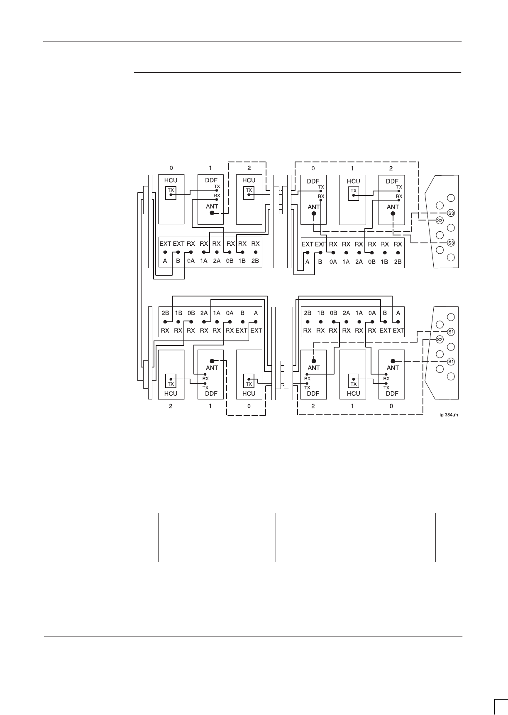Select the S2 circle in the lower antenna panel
click(x=440, y=339)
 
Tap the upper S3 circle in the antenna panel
click(x=452, y=213)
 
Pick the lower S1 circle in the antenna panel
click(x=452, y=362)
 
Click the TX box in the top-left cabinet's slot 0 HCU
click(x=171, y=193)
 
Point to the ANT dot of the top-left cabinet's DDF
click(x=212, y=213)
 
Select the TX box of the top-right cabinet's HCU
click(x=353, y=191)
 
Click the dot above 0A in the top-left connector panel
click(x=191, y=252)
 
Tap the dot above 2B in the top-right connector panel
click(x=398, y=252)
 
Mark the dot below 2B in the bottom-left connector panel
click(x=165, y=322)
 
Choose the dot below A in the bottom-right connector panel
click(x=398, y=322)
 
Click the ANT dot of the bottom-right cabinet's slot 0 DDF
click(x=392, y=361)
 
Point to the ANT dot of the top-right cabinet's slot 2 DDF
click(x=392, y=214)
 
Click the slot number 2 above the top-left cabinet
click(x=249, y=168)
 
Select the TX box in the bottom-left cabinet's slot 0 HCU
click(x=249, y=380)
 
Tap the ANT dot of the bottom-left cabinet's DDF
click(x=212, y=361)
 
